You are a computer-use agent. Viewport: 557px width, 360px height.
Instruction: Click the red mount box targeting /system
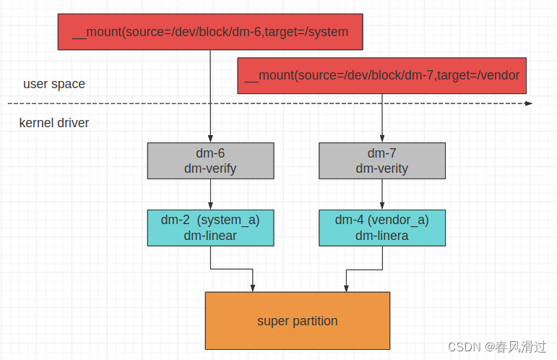(x=210, y=32)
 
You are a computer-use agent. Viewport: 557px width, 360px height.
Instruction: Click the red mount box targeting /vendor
(x=381, y=76)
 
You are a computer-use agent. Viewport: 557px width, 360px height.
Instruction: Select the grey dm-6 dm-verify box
(x=210, y=160)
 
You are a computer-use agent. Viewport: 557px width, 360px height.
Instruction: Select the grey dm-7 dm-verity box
(x=381, y=160)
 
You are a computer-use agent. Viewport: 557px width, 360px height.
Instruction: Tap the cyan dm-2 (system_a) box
(x=210, y=228)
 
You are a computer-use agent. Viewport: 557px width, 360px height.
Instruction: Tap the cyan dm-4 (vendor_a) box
(x=381, y=228)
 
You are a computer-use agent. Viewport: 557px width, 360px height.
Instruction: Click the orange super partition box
(x=297, y=321)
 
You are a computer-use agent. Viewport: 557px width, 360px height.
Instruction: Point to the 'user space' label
(x=54, y=84)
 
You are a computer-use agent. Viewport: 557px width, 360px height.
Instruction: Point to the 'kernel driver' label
(x=54, y=123)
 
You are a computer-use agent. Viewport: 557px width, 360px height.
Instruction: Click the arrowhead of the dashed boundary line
(x=529, y=103)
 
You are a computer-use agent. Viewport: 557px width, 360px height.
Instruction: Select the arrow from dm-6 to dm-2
(x=210, y=194)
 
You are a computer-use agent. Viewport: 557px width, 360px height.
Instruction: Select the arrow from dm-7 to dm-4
(x=381, y=194)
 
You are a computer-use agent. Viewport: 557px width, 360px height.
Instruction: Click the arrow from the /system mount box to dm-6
(x=210, y=94)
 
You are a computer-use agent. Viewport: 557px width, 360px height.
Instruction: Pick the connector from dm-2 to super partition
(x=231, y=270)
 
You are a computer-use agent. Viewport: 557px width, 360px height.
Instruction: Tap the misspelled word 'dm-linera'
(x=381, y=236)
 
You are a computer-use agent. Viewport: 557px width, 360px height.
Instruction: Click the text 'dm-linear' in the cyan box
(x=210, y=236)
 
